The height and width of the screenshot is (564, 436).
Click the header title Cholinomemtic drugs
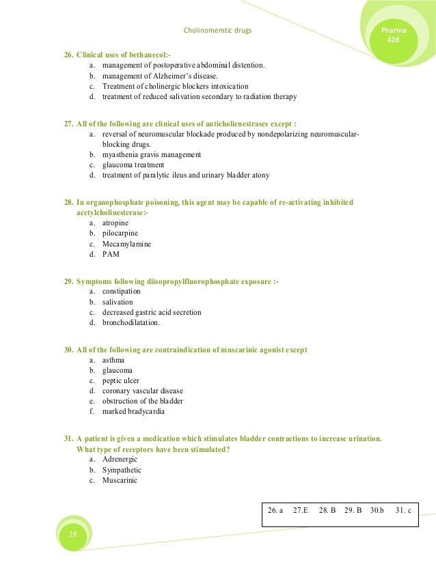point(222,31)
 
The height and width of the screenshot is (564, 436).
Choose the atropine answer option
point(115,223)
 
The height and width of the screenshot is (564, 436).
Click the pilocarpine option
point(120,234)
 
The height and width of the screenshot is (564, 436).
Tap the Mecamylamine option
point(126,244)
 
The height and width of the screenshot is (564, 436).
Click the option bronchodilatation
point(131,322)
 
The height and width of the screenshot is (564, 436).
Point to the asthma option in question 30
point(113,360)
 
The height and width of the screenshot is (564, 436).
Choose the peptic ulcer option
point(120,380)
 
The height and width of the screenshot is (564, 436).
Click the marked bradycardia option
point(133,412)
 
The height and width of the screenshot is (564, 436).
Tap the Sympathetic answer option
point(122,470)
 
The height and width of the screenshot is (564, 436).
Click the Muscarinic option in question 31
point(120,480)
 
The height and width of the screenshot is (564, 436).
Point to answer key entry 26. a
point(275,510)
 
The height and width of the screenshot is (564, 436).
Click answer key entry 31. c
point(404,510)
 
